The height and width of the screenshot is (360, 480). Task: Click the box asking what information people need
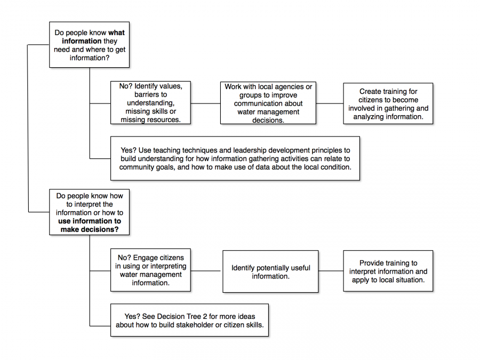[89, 45]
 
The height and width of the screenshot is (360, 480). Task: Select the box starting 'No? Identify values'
[150, 103]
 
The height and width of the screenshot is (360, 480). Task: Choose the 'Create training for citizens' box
[388, 103]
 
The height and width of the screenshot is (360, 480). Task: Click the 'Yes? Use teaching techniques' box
[235, 158]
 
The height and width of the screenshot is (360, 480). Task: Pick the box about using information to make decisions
[89, 212]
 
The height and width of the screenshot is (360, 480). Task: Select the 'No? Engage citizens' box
[150, 270]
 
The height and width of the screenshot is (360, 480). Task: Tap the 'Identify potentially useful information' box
[270, 271]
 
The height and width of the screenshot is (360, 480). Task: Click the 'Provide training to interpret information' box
[388, 271]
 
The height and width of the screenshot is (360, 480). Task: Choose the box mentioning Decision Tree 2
[189, 320]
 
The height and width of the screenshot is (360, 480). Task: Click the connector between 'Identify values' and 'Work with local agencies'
[205, 103]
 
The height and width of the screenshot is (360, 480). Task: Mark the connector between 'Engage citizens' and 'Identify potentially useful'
[206, 271]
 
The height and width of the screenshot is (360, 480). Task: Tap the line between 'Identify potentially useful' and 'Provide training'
[331, 271]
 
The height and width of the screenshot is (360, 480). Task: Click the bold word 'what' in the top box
[116, 33]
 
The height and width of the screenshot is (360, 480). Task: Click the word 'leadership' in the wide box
[246, 150]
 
